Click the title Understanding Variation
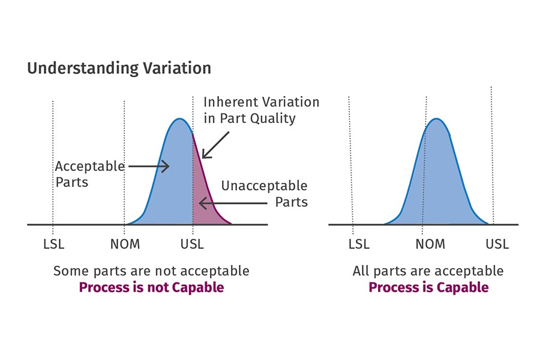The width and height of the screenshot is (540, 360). [119, 68]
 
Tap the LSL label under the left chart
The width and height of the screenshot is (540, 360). [53, 244]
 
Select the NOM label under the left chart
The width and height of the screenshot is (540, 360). [125, 244]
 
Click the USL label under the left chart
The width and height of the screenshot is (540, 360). [192, 244]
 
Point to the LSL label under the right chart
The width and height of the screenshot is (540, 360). [359, 244]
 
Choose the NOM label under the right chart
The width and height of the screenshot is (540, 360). [430, 244]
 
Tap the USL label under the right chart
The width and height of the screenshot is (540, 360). [497, 244]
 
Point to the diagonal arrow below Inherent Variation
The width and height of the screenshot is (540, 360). [215, 145]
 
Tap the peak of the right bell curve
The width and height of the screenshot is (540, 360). [437, 119]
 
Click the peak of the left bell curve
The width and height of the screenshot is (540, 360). [179, 119]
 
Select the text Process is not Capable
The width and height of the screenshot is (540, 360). [151, 287]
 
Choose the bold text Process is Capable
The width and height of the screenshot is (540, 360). [428, 287]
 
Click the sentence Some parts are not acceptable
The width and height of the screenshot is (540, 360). [151, 271]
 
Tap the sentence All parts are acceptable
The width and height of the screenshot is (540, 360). [428, 271]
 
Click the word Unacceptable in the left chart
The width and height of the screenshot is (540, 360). [264, 186]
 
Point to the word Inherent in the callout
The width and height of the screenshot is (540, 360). [230, 102]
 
